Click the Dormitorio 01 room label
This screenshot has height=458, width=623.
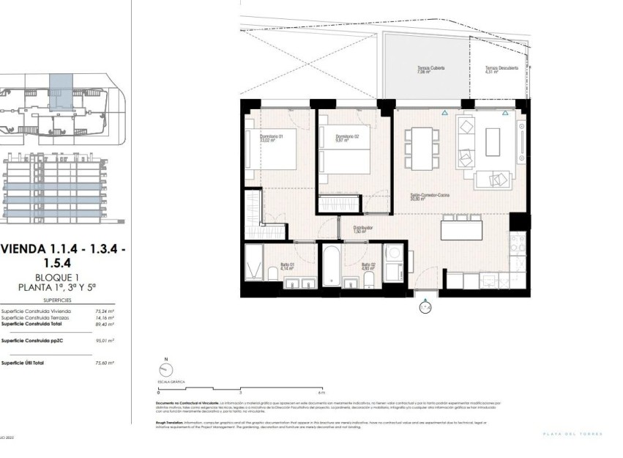point(260,136)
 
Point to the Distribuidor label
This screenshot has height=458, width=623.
point(363,229)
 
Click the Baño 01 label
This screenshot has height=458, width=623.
point(287,267)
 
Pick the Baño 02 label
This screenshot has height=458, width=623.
point(368,267)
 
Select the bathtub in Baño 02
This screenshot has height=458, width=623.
point(329,266)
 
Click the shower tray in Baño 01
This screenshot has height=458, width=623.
point(255,264)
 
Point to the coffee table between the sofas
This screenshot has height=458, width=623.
point(492,141)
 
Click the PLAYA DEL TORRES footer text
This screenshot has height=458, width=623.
point(572,435)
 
